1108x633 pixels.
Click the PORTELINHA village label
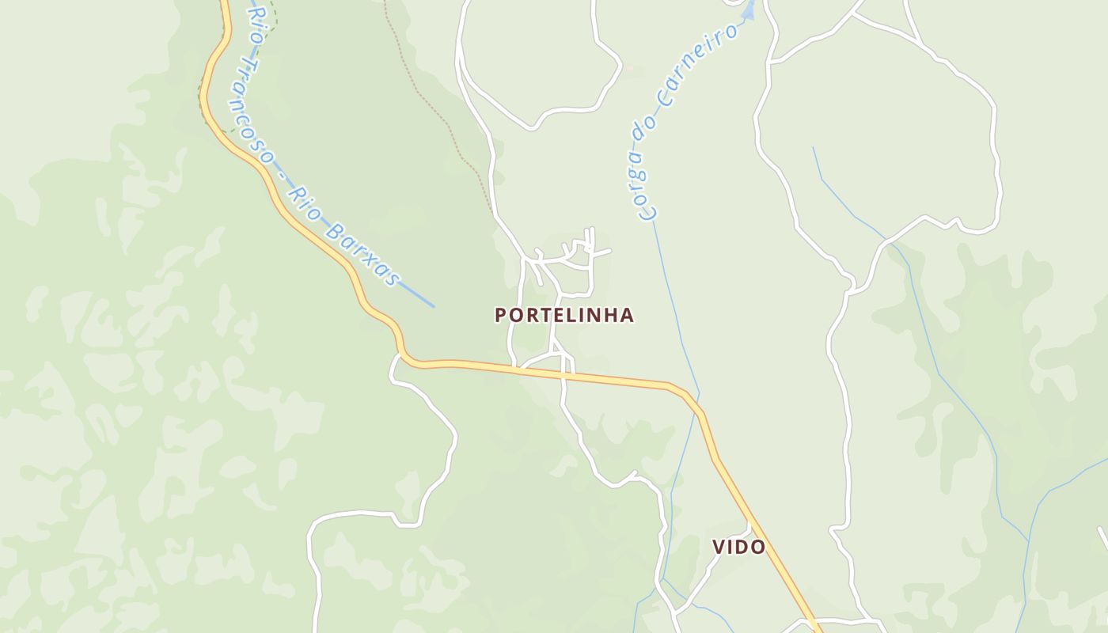click(564, 315)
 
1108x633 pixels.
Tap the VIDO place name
click(738, 547)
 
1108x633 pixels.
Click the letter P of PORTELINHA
click(500, 315)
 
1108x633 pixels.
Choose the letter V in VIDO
click(719, 547)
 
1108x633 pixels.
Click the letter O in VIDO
click(758, 547)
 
